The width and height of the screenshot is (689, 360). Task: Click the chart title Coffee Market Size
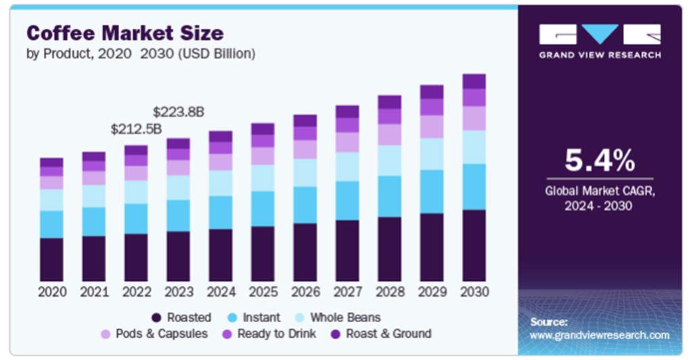pos(125,32)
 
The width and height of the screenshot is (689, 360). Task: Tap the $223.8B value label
pos(179,112)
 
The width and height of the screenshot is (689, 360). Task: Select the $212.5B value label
pos(137,129)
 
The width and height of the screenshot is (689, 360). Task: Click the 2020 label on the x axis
pos(51,292)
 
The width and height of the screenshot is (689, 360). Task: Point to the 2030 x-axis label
pos(474,292)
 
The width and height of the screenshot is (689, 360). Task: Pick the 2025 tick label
pos(263,292)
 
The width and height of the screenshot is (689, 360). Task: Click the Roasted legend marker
pos(156,317)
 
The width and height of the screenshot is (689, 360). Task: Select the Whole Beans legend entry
pos(338,317)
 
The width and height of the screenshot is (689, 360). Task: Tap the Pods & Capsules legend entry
pos(154,334)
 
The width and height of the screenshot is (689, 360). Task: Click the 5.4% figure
pos(600,161)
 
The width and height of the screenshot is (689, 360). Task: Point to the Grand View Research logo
pos(600,41)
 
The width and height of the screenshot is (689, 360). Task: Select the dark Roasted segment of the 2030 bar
pos(474,245)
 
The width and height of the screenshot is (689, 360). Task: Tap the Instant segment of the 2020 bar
pos(51,224)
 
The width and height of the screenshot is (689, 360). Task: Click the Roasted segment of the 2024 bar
pos(221,255)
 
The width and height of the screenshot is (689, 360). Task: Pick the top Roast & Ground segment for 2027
pos(347,112)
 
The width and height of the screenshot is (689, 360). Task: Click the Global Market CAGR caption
pos(600,198)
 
